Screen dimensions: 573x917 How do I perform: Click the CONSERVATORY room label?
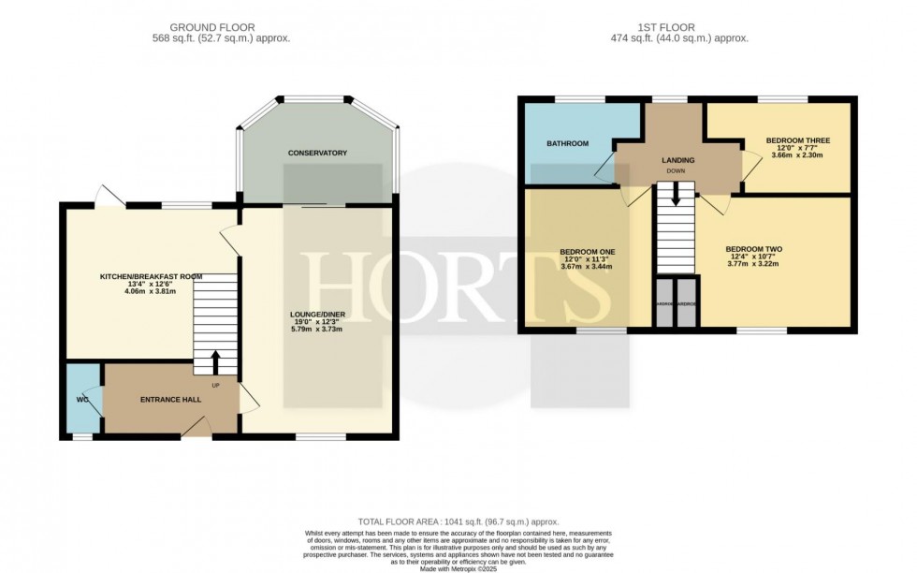coord(318,153)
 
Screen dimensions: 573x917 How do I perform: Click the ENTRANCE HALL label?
coord(171,400)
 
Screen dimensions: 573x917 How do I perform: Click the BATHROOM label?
coord(567,143)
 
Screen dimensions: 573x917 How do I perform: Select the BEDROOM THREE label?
coord(797,141)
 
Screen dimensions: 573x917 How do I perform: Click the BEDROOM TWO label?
coord(753,249)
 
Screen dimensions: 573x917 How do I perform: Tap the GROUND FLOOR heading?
coord(221,27)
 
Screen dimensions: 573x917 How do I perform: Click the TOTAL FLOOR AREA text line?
coord(458,521)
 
